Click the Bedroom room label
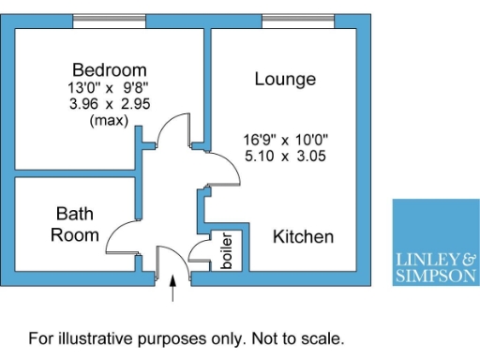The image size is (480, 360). click(110, 69)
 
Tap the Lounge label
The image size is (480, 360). click(285, 80)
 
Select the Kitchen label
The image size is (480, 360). click(303, 236)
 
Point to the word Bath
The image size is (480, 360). click(74, 215)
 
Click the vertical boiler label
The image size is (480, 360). click(226, 251)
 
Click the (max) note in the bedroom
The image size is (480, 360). click(109, 120)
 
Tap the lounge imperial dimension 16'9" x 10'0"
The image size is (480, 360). click(285, 141)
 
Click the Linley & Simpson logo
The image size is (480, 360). click(434, 241)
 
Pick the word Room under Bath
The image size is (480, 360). click(75, 234)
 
